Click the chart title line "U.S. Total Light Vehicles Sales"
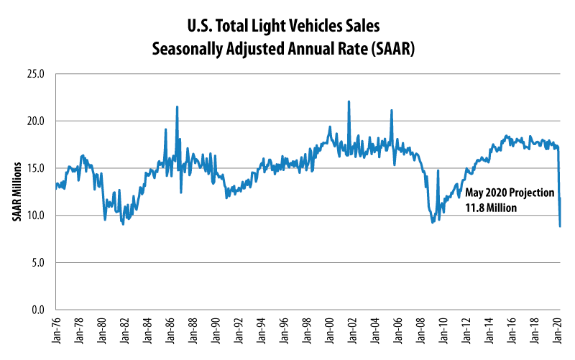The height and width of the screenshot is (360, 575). tap(287, 27)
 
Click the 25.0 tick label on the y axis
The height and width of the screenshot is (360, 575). tap(35, 74)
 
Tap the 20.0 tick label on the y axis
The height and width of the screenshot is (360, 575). tap(35, 121)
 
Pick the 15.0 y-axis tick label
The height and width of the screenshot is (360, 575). tap(35, 168)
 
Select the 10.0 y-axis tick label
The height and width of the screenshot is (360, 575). tap(35, 216)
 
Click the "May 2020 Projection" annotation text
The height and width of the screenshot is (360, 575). tap(510, 193)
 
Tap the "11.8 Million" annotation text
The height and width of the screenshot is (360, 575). tap(492, 208)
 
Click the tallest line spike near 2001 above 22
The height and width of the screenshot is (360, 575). tap(349, 101)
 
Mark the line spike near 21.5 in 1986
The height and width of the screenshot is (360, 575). tap(177, 106)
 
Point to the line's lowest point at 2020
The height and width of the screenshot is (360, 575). tap(560, 226)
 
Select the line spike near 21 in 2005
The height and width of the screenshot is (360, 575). tap(392, 110)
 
